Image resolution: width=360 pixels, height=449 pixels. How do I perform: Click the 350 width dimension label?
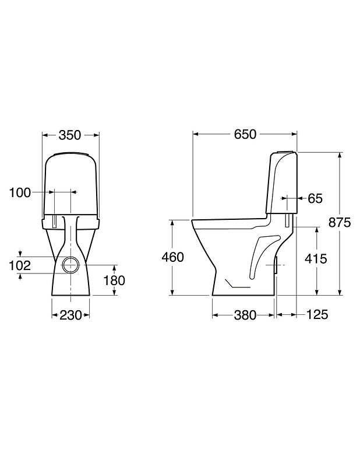tap(71, 135)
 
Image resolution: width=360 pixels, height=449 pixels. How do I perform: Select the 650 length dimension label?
tap(245, 134)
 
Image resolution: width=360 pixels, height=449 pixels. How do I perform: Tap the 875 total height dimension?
tap(341, 223)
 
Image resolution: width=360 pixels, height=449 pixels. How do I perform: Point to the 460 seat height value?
tap(172, 257)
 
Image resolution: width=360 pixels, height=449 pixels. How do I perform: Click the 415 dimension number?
tap(316, 258)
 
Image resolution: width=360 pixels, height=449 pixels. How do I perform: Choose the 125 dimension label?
tap(317, 315)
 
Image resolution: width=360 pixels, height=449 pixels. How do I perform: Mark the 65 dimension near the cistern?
tap(315, 198)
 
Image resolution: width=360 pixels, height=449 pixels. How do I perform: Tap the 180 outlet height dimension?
tap(114, 281)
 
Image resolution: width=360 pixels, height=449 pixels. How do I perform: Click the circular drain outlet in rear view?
tap(71, 265)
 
